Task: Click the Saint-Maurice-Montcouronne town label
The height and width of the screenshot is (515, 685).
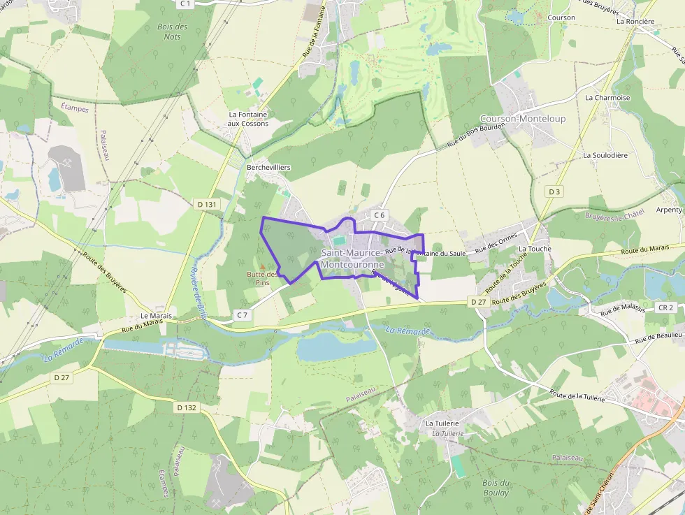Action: [352, 259]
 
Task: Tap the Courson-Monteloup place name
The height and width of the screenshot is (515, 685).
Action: [523, 119]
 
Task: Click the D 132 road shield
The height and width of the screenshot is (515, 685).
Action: [187, 407]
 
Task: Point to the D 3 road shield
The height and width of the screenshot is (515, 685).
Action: [554, 191]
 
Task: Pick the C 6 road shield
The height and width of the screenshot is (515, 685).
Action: [380, 215]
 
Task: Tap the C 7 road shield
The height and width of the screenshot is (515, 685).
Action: [243, 315]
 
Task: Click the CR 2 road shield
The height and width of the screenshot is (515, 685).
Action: [665, 307]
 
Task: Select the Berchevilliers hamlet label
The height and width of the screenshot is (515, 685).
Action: [268, 168]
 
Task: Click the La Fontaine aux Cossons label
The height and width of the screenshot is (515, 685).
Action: [248, 119]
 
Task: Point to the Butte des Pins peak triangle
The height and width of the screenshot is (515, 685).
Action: [263, 266]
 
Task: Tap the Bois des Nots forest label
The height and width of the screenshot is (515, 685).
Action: [173, 31]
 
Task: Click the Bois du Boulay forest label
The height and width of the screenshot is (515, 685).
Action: [496, 488]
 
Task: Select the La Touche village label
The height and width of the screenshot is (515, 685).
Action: [535, 249]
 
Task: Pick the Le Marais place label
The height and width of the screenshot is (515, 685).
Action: [156, 316]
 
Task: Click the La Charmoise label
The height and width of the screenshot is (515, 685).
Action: [607, 98]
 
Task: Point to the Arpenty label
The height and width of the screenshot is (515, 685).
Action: [670, 210]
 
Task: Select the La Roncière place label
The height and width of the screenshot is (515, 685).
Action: [635, 21]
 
